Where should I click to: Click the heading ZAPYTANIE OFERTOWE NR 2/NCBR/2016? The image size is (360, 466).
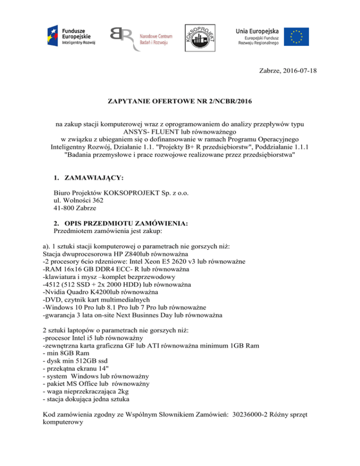click(180, 101)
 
